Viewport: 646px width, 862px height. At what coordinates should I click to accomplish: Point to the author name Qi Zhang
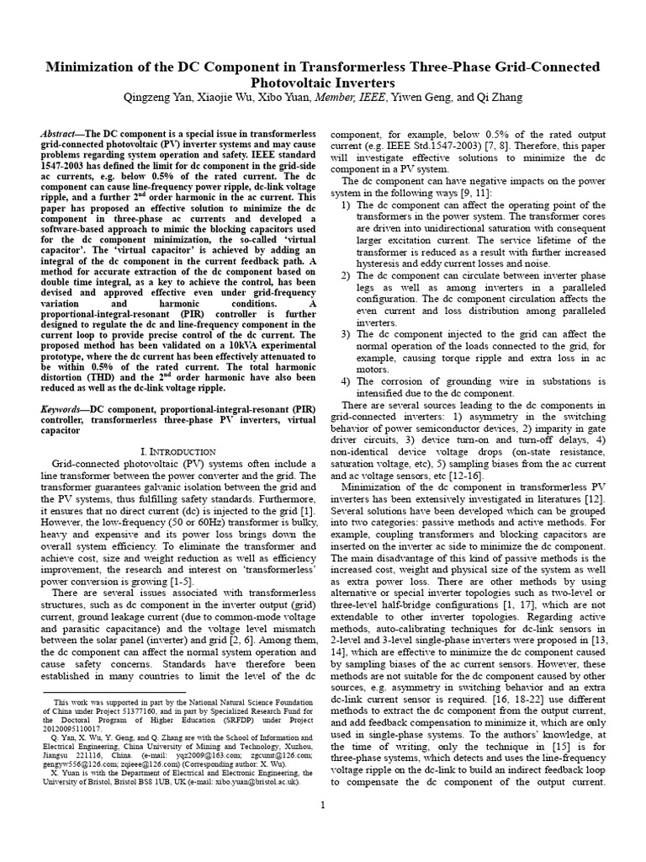point(499,98)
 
